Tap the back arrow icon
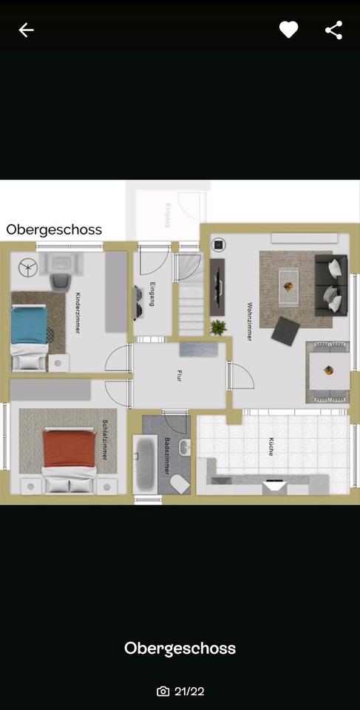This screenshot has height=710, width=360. tap(26, 30)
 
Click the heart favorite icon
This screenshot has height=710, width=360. tap(288, 30)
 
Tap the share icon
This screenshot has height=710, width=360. tap(333, 30)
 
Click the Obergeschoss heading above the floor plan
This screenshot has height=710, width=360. tap(54, 229)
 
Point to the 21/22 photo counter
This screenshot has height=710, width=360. tap(181, 692)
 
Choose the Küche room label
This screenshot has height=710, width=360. tap(271, 447)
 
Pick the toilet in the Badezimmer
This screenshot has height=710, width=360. tap(179, 483)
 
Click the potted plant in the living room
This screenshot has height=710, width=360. tap(218, 326)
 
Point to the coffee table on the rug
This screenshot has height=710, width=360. tap(288, 281)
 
